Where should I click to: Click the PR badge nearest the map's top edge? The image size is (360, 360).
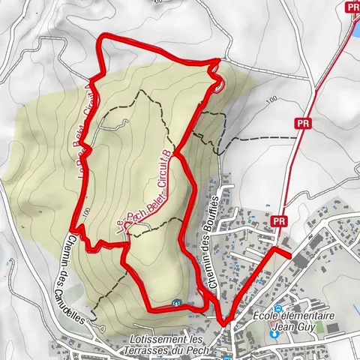click(x=353, y=7)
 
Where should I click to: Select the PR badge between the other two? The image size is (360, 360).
click(x=303, y=127)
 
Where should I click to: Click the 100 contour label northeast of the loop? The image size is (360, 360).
click(x=271, y=99)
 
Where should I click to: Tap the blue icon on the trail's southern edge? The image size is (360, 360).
click(x=175, y=303)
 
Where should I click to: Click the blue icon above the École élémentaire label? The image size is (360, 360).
click(x=279, y=307)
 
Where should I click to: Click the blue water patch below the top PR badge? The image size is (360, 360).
click(x=355, y=30)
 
